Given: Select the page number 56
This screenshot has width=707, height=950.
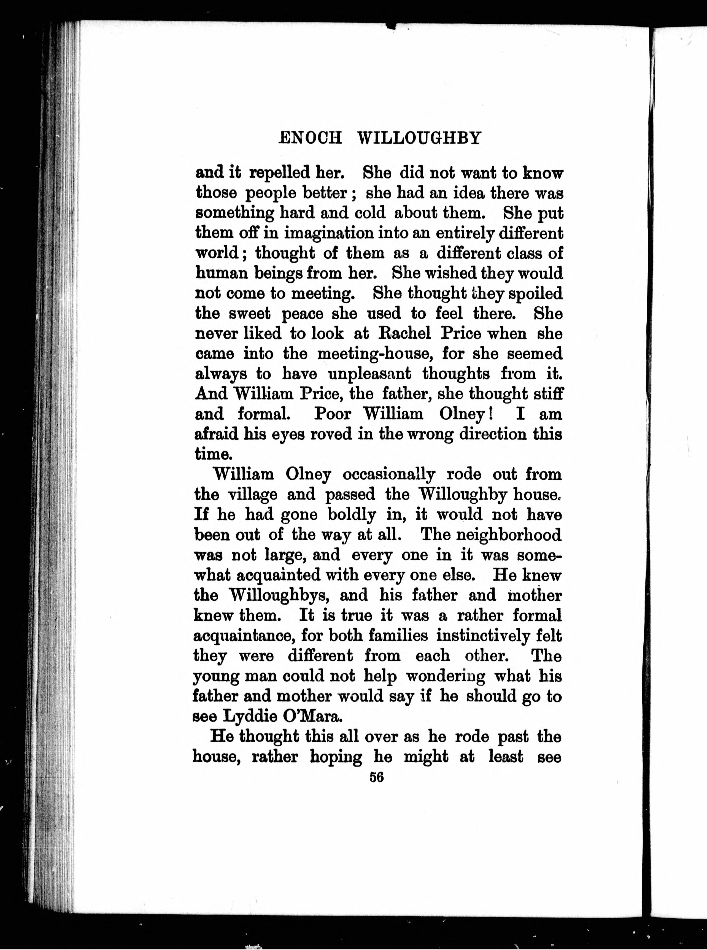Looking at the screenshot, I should click(377, 777).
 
